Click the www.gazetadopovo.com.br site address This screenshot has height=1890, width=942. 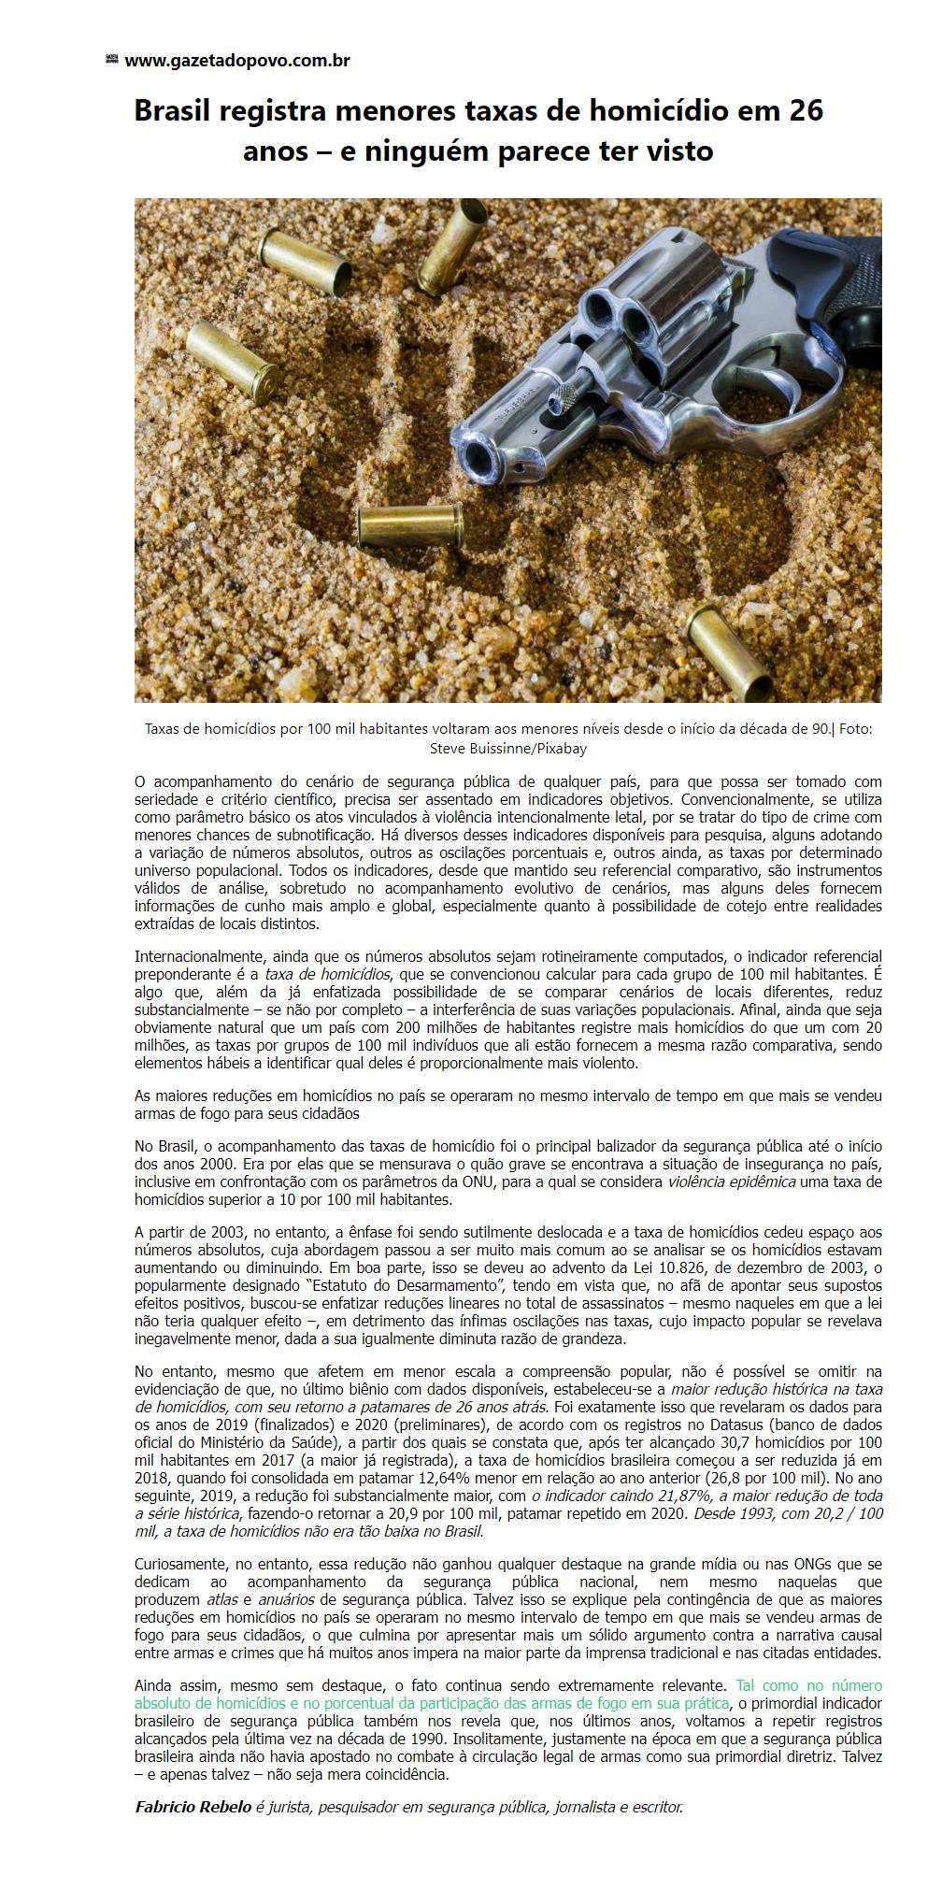(236, 61)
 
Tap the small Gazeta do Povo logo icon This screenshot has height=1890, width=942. (111, 60)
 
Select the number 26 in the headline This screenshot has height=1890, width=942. (806, 111)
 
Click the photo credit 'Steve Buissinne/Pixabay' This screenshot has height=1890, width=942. (507, 748)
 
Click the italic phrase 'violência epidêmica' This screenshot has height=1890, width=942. (732, 1182)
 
